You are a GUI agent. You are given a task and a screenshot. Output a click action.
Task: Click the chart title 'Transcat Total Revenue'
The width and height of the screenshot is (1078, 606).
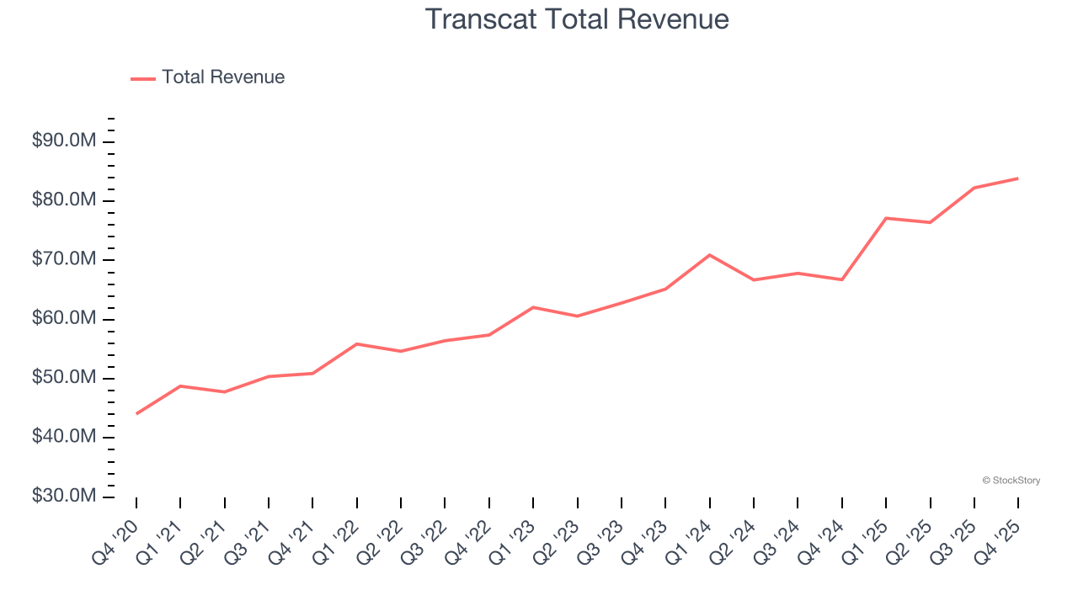(577, 19)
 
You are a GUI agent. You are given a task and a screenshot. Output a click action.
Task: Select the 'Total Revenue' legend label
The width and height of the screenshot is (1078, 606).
(223, 77)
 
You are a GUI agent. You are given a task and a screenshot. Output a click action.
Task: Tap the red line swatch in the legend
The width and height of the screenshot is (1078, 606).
(143, 78)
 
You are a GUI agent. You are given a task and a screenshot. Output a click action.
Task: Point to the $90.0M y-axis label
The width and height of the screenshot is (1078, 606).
(63, 141)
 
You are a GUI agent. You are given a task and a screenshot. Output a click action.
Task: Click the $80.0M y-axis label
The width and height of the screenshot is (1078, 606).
(63, 200)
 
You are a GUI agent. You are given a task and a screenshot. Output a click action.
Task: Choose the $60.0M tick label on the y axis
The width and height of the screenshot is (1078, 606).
(63, 319)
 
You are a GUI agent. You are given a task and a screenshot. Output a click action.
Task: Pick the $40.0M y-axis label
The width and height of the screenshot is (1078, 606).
(63, 437)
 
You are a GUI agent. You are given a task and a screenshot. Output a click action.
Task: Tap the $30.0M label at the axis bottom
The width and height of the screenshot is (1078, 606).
(63, 497)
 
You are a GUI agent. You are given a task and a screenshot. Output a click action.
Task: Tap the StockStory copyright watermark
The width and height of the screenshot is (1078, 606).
(1011, 481)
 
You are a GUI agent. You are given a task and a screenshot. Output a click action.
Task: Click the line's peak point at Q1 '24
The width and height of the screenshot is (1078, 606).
(710, 255)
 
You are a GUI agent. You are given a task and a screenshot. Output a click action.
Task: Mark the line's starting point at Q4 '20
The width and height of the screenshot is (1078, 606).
(136, 413)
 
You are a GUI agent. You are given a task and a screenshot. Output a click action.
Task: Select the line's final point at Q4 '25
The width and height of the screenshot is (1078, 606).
(1018, 178)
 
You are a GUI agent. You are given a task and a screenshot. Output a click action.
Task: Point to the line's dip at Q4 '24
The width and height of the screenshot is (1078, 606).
(842, 279)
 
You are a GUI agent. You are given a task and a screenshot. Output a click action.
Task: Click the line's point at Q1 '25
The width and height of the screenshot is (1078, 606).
(886, 218)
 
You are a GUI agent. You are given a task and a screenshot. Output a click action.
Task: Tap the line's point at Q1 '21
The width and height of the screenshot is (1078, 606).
(180, 385)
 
